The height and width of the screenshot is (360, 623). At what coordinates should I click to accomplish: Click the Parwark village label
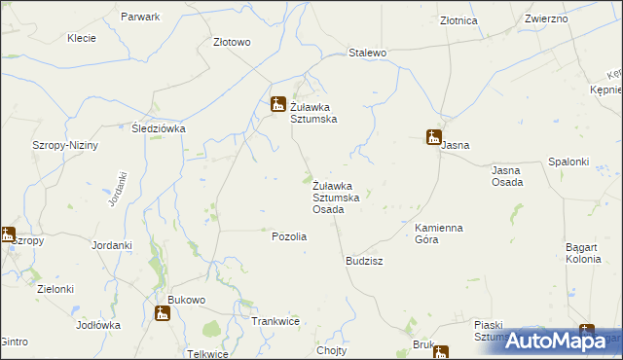pyautogui.click(x=141, y=18)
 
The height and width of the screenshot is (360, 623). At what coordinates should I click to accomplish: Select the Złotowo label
pyautogui.click(x=232, y=42)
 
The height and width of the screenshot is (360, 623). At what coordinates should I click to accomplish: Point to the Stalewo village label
pyautogui.click(x=368, y=53)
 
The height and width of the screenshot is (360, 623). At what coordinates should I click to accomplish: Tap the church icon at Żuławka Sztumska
pyautogui.click(x=277, y=103)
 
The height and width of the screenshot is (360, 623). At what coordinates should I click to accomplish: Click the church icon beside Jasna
pyautogui.click(x=433, y=137)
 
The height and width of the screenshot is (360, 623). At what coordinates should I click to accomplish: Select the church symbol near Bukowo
pyautogui.click(x=163, y=312)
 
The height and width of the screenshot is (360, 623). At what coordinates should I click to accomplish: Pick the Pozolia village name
pyautogui.click(x=289, y=236)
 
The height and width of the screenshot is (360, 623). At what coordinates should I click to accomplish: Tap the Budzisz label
pyautogui.click(x=364, y=262)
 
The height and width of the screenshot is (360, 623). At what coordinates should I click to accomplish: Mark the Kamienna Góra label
pyautogui.click(x=439, y=233)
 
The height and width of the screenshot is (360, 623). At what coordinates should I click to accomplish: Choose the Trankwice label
pyautogui.click(x=275, y=321)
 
